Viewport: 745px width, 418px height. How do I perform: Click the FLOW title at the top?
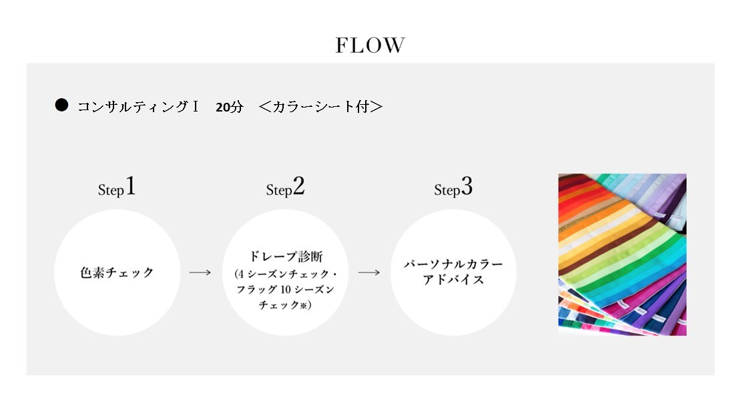click(x=370, y=45)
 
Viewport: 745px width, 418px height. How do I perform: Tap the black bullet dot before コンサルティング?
click(x=61, y=105)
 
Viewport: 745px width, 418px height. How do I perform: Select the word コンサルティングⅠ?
click(x=138, y=106)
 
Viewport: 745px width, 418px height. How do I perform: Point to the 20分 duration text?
click(x=229, y=107)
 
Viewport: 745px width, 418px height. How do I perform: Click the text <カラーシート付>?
click(x=320, y=106)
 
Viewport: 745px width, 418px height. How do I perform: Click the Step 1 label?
click(x=117, y=187)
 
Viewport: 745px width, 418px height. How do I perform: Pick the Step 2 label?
click(x=285, y=187)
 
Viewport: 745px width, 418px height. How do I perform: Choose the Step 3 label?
click(x=453, y=187)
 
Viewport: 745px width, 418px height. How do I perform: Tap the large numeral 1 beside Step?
click(x=130, y=186)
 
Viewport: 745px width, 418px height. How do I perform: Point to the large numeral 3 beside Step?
click(x=467, y=186)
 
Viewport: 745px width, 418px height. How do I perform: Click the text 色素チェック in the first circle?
click(x=117, y=272)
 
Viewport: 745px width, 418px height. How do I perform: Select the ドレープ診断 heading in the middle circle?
click(x=286, y=256)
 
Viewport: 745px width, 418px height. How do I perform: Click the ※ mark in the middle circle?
click(x=303, y=305)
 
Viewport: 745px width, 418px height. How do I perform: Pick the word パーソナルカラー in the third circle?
click(x=453, y=264)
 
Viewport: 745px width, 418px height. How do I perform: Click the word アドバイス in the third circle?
click(x=453, y=280)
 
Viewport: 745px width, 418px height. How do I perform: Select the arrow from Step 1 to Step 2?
click(x=200, y=272)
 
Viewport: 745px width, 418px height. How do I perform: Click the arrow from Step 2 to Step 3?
click(x=369, y=272)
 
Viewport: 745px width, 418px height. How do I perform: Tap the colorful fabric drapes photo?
click(x=622, y=254)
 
